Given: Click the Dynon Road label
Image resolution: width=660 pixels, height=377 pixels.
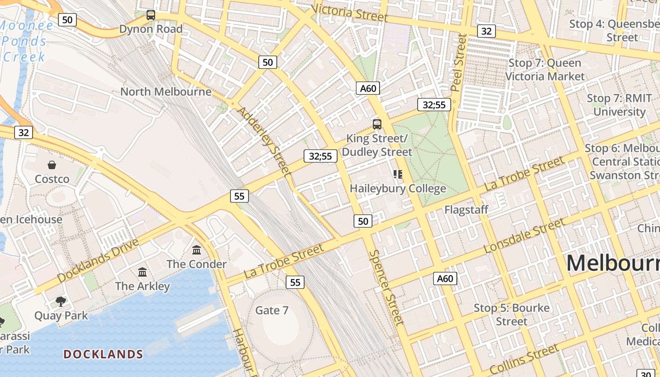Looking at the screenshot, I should point(150,29).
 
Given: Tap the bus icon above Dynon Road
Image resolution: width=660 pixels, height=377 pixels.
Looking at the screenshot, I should point(151,15).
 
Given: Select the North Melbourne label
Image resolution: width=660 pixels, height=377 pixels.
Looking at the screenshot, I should point(166,91).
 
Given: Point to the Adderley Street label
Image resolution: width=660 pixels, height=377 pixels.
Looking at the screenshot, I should point(264,141).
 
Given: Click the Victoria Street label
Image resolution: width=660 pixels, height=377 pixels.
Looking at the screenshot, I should point(349,13).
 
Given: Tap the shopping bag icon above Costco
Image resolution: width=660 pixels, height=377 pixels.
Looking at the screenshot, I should point(52,165).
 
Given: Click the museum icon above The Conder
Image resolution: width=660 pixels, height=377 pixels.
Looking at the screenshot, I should point(197,250).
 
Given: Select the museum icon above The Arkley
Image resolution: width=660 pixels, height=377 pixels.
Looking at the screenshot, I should point(142,272).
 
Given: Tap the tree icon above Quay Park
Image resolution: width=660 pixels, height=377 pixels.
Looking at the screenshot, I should point(60,301).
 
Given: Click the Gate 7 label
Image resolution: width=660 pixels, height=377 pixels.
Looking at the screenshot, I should point(272,310).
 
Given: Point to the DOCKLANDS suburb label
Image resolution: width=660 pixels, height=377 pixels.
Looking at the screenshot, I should point(103,354).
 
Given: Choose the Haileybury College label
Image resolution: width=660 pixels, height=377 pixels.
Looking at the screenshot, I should point(398,188).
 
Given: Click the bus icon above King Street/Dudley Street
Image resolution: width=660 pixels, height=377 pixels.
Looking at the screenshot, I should point(377,124).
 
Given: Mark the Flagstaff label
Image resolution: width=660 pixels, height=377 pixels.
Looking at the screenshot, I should point(466,210).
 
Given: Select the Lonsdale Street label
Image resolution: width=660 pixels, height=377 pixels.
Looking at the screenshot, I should point(524,236).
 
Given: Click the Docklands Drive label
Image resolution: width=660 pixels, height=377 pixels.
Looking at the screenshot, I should point(98,261).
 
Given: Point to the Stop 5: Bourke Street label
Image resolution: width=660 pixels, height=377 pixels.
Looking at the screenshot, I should point(511,315).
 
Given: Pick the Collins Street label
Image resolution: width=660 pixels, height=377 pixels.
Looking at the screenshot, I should point(524,359).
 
